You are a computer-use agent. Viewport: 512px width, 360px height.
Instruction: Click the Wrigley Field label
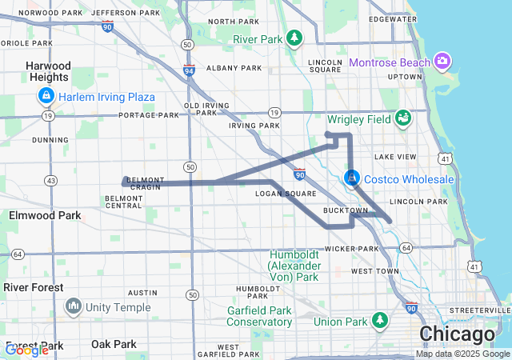pos(358,119)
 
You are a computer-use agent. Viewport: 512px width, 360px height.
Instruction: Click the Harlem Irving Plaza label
pos(106,98)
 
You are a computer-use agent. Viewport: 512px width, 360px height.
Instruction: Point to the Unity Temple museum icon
pos(74,306)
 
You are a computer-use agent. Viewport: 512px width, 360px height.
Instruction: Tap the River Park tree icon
pos(295,38)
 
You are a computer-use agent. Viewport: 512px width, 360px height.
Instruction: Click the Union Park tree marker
pos(381,322)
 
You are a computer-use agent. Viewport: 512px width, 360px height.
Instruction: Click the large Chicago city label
pos(457,334)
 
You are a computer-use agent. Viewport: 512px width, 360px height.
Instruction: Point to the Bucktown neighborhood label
pos(346,210)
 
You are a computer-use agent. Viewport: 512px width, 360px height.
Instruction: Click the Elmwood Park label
pos(45,215)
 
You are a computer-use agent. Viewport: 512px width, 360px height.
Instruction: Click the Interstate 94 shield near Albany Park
pos(189,70)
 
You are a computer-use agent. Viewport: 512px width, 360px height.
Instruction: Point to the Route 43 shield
pos(51,180)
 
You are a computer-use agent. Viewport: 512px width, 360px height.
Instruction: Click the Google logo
pos(26,350)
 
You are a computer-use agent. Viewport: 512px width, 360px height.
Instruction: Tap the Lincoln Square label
pos(324,66)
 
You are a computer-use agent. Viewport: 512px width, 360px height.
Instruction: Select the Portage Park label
pos(149,114)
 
